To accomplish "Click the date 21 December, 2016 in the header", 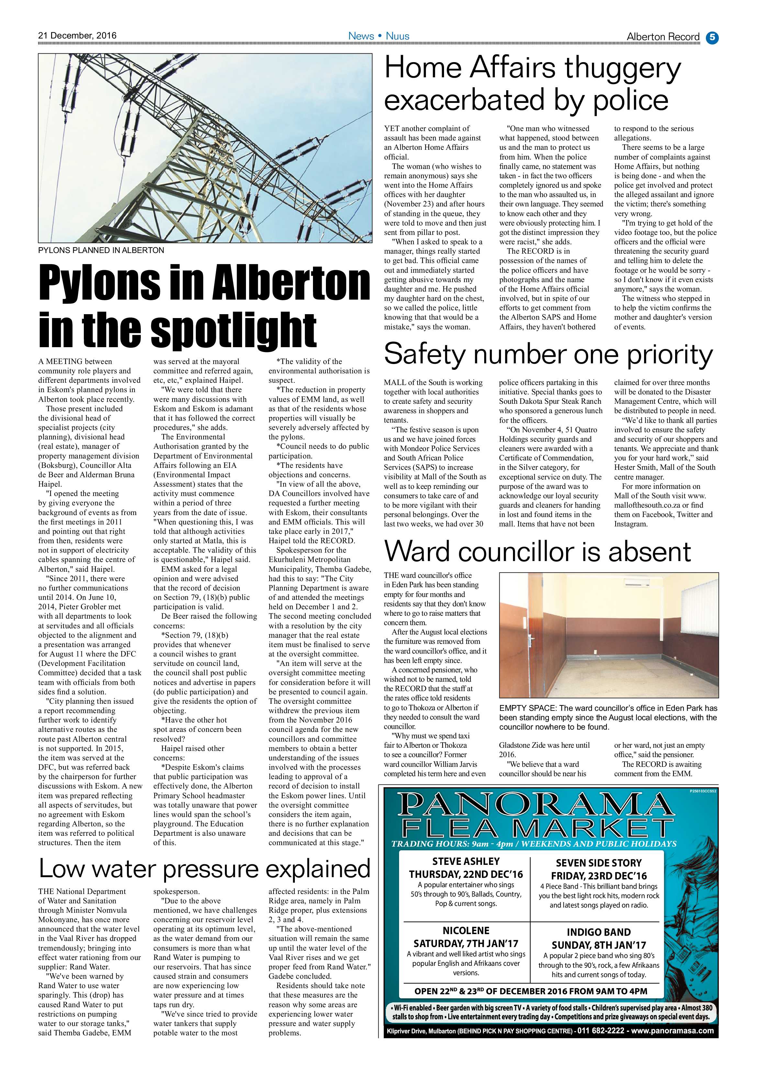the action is (77, 35).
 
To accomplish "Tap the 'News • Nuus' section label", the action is (379, 36).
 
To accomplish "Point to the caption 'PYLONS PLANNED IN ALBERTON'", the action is (101, 250).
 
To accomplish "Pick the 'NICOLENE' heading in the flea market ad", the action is (466, 931).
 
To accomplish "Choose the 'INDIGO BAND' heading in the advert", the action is (598, 932).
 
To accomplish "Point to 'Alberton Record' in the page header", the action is (663, 37).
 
